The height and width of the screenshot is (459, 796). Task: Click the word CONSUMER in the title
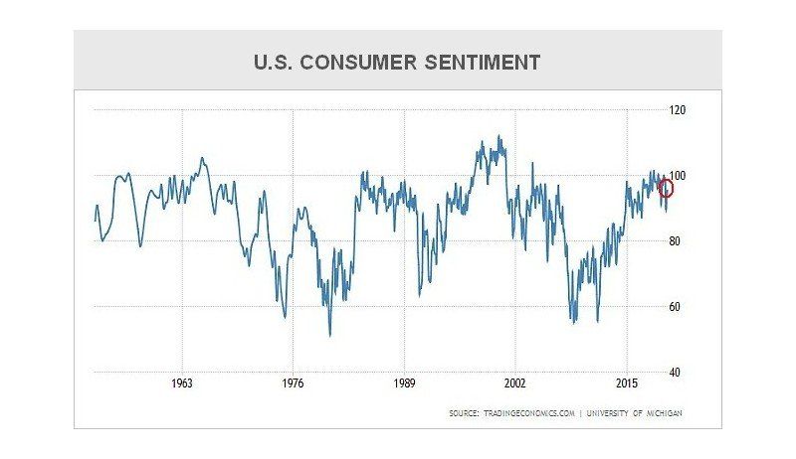point(361,63)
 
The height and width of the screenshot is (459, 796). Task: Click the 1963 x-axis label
point(182,383)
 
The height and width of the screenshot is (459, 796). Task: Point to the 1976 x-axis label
point(293,383)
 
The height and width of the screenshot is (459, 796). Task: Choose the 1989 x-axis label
point(404,383)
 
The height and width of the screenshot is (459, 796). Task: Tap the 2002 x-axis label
point(515,383)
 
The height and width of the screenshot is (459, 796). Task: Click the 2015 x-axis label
point(627,383)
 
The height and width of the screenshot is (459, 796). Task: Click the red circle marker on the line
point(666,188)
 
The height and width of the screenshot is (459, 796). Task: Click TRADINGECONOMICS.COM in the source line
point(527,412)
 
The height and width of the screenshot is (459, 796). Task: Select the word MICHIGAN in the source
point(661,412)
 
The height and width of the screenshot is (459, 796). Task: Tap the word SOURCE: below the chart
point(464,412)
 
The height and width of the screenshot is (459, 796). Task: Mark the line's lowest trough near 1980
point(330,335)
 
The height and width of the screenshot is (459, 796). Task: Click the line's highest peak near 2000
point(499,137)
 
